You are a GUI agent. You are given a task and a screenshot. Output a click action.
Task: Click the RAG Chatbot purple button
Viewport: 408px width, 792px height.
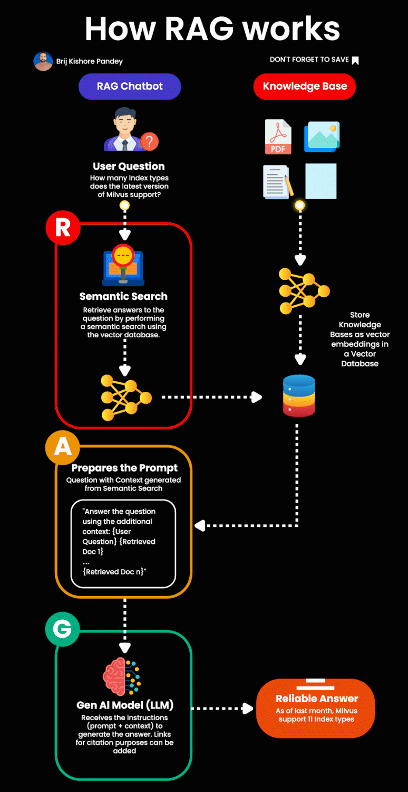coord(130,87)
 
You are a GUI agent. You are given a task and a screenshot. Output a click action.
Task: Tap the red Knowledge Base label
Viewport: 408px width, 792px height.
coord(305,87)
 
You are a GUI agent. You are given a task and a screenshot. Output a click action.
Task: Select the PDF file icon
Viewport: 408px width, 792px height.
coord(278,137)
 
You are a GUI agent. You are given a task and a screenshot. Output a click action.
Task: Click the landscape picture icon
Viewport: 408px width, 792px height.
coord(322,137)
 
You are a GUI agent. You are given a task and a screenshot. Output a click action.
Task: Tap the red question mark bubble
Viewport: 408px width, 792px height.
coord(150,141)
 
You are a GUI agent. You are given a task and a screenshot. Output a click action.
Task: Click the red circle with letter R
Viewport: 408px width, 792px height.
coord(63,228)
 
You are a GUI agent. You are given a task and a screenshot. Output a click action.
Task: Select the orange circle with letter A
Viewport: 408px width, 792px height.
coord(63,447)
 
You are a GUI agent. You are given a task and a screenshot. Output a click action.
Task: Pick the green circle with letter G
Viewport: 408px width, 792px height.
coord(63,629)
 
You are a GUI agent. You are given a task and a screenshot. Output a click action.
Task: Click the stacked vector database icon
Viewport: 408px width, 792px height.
coord(299,396)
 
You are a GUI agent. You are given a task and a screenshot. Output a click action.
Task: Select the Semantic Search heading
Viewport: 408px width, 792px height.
coord(123,296)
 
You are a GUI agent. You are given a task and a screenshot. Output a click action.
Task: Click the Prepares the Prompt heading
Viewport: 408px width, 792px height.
coord(124,468)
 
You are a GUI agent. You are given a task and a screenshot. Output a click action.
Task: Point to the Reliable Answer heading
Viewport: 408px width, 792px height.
coord(317,699)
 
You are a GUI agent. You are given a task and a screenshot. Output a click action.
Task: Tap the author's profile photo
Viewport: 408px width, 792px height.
coord(43,61)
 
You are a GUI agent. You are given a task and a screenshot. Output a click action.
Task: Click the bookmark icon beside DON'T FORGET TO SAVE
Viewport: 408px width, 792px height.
coord(355,60)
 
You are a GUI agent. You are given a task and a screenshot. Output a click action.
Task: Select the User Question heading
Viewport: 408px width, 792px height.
coord(129,166)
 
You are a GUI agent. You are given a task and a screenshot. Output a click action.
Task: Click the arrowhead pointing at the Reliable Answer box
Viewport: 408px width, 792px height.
coord(248,709)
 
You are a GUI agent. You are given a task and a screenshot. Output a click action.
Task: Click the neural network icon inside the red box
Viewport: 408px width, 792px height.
coord(126,397)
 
